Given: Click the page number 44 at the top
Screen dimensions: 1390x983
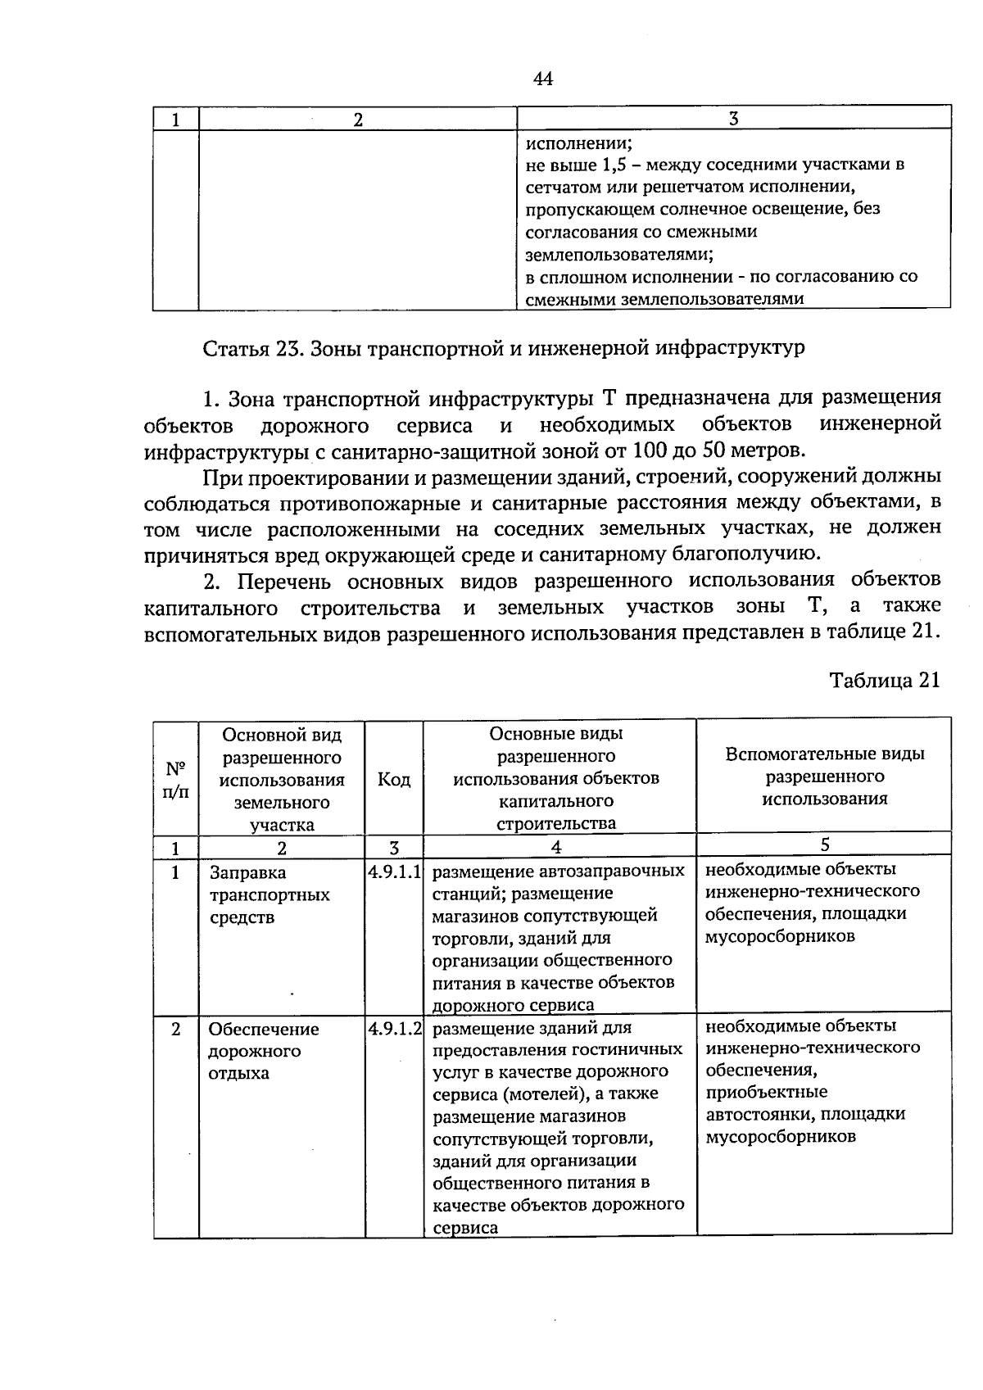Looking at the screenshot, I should pyautogui.click(x=543, y=79).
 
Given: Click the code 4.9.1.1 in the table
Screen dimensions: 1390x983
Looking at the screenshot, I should pyautogui.click(x=394, y=872).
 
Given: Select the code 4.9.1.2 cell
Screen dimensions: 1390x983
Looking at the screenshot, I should pyautogui.click(x=394, y=1029).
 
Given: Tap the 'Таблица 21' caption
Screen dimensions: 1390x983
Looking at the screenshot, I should pyautogui.click(x=884, y=681).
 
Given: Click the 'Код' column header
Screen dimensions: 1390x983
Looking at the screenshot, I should pyautogui.click(x=394, y=778).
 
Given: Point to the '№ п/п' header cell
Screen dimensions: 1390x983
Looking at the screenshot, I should pyautogui.click(x=175, y=779).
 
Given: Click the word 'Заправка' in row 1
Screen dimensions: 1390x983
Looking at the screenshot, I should pyautogui.click(x=248, y=873).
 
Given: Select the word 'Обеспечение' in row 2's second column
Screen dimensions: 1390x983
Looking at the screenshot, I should pyautogui.click(x=263, y=1030).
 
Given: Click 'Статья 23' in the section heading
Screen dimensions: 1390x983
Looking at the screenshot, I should pyautogui.click(x=243, y=348).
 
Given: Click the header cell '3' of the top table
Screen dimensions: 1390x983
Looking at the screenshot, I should pyautogui.click(x=733, y=118).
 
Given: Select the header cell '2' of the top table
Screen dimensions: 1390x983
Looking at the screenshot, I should pyautogui.click(x=357, y=119).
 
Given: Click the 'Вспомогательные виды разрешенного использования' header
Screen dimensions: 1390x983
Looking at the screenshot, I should pyautogui.click(x=824, y=776).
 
